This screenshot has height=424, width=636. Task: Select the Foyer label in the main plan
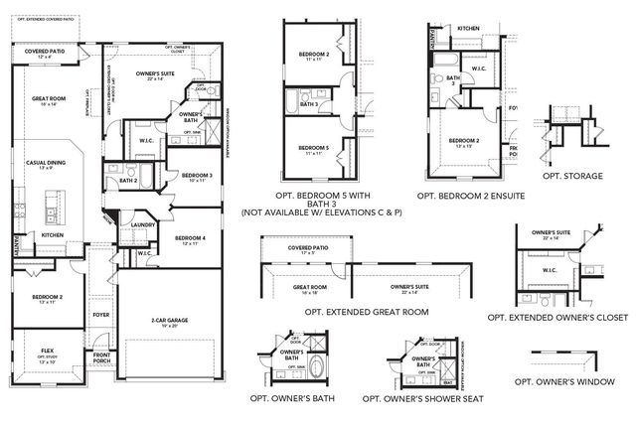(101, 315)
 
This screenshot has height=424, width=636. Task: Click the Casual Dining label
(47, 163)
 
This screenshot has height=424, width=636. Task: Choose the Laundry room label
(140, 224)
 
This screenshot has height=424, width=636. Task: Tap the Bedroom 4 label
(190, 237)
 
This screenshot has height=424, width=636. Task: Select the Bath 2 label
(127, 181)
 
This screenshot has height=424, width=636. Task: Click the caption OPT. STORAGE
(573, 176)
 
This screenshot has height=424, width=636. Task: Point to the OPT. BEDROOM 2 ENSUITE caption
(470, 197)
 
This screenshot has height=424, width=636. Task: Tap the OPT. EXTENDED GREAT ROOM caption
(354, 312)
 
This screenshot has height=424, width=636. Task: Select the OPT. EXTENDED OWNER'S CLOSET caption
(557, 317)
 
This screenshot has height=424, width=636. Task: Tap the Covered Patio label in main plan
(44, 54)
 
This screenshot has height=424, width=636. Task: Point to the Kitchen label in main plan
(53, 235)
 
